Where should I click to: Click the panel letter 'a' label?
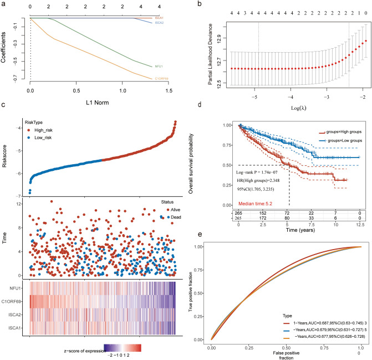(4, 4)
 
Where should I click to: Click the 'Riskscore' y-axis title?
(4, 157)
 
